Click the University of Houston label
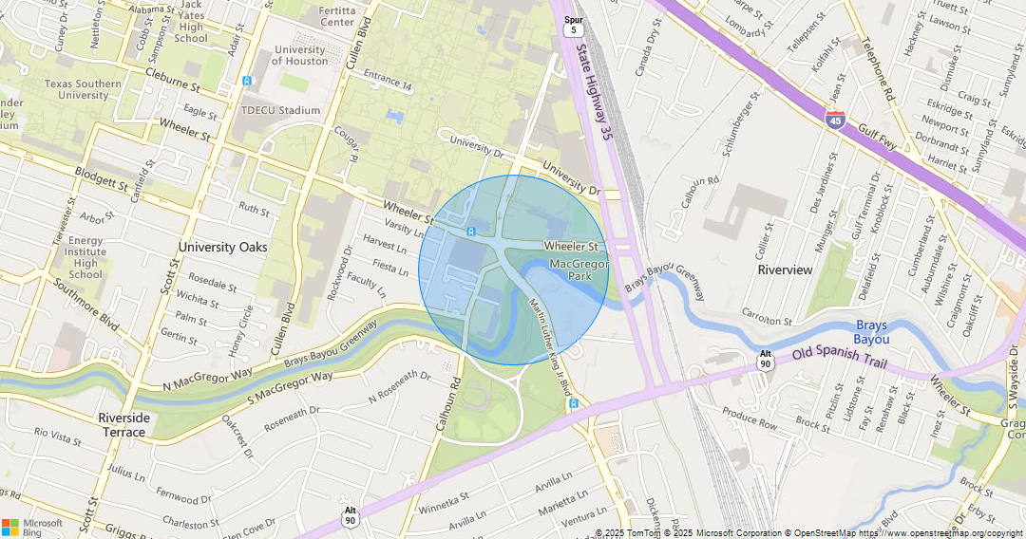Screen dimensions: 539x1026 (x=299, y=55)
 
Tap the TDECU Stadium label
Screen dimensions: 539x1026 (x=281, y=110)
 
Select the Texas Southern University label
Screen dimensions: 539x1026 (x=83, y=89)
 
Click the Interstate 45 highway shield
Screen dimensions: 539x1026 (x=835, y=119)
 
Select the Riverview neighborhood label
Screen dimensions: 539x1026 (x=785, y=269)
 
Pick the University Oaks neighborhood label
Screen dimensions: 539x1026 (x=222, y=247)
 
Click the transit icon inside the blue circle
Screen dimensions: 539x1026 (x=471, y=232)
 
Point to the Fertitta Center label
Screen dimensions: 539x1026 (x=337, y=15)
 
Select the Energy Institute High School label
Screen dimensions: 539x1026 (x=85, y=257)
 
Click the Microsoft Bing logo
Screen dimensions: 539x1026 (x=32, y=527)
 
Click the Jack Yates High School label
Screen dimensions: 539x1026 (x=191, y=22)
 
